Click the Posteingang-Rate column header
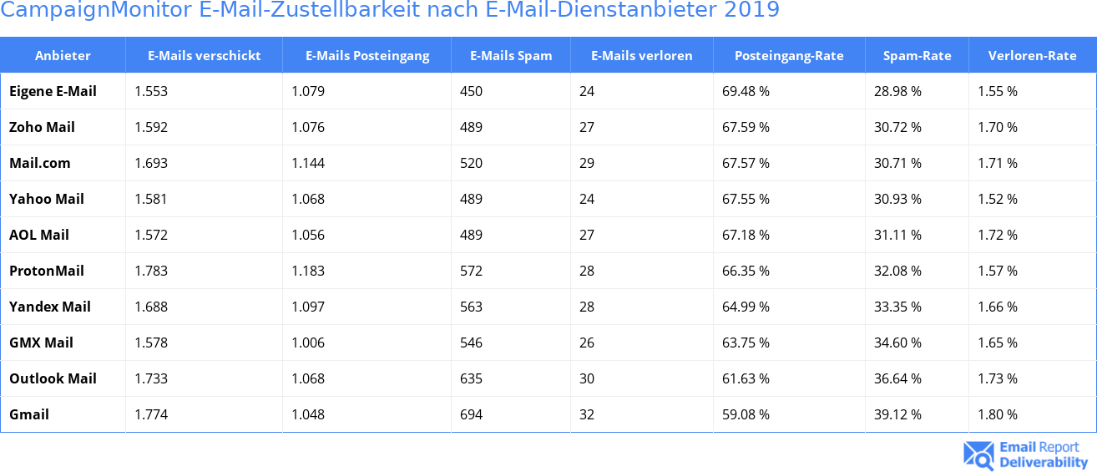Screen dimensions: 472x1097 (x=788, y=56)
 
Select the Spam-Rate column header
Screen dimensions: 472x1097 (x=917, y=56)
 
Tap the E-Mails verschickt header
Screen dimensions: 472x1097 (x=204, y=56)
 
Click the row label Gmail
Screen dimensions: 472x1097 (x=29, y=414)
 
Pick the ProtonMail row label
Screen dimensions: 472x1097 (x=47, y=271)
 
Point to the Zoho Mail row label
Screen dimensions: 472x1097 (x=42, y=127)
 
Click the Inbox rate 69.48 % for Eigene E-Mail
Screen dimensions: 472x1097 (x=746, y=91)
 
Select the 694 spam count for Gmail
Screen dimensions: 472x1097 (x=471, y=414)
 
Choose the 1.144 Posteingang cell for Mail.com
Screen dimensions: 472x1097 (x=308, y=163)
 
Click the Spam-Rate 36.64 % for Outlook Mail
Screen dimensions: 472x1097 (x=897, y=378)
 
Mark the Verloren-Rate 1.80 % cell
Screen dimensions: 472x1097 (x=998, y=414)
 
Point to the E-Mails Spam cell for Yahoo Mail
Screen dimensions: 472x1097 (x=471, y=199)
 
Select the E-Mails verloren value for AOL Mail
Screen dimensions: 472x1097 (x=586, y=235)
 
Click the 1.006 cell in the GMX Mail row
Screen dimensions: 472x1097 (x=308, y=343)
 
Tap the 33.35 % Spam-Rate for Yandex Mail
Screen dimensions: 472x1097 (x=897, y=307)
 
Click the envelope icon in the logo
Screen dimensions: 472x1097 (x=978, y=455)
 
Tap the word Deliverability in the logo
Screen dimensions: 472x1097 (x=1044, y=462)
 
